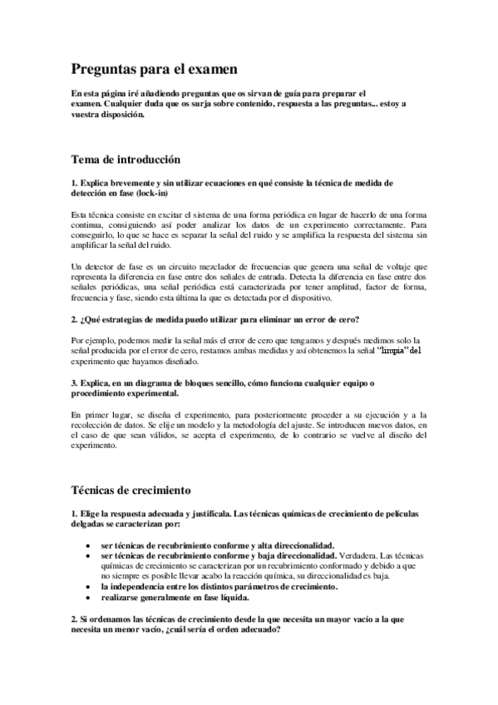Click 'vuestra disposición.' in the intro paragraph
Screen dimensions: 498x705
tap(108, 116)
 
